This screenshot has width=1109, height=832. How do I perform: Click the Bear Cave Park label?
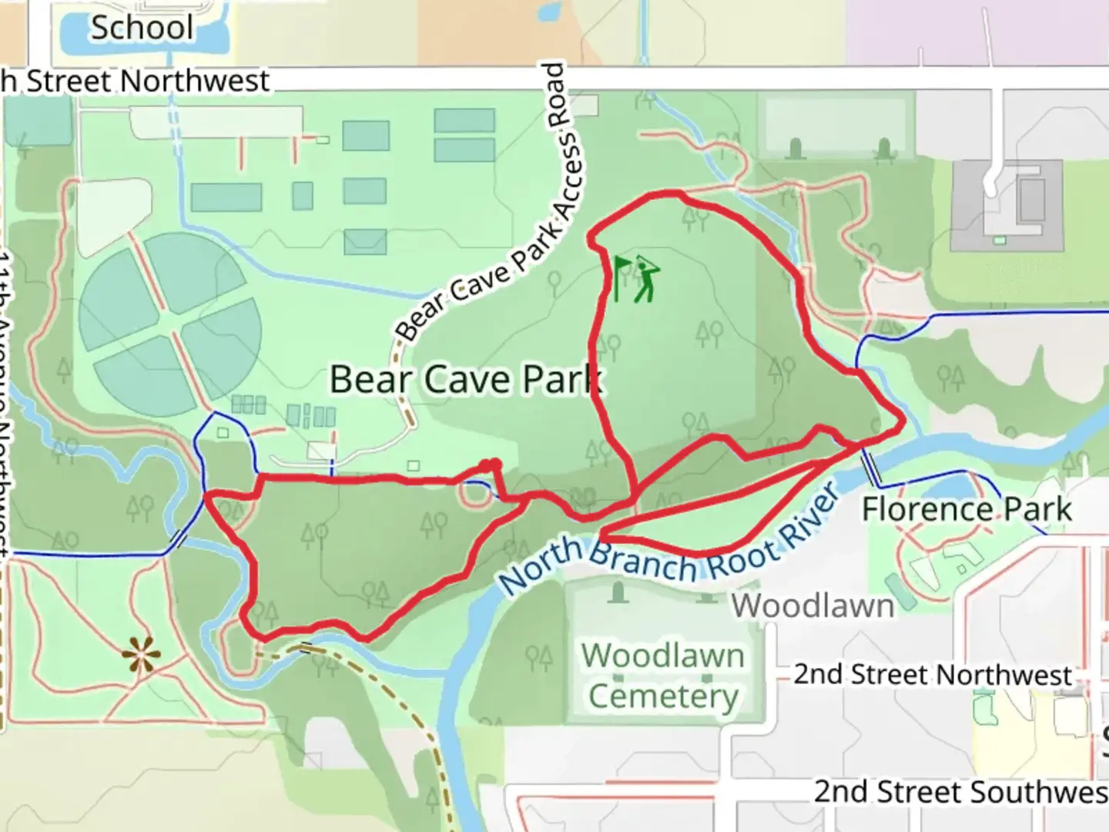465,379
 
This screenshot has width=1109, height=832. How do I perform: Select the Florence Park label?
967,509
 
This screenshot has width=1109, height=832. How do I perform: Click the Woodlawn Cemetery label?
663,676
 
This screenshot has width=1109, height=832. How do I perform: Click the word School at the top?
142,28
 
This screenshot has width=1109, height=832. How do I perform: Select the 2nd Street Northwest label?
933,675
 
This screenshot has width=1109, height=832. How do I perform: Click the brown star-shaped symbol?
142,656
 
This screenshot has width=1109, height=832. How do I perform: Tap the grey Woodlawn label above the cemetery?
812,606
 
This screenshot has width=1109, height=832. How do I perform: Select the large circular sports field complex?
170,324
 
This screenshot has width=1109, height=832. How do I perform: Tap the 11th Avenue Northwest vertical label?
6,401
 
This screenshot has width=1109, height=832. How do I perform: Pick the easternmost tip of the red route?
903,421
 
